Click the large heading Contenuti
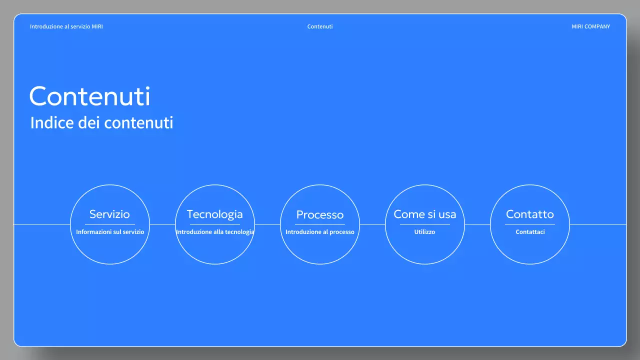[90, 96]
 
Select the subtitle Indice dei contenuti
[101, 122]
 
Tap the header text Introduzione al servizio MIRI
[66, 26]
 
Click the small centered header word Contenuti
[320, 26]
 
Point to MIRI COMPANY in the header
[590, 26]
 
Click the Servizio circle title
[109, 214]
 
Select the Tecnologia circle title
[214, 214]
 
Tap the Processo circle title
[320, 214]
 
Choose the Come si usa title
[424, 214]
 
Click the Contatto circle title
[529, 214]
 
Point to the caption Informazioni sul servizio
[110, 232]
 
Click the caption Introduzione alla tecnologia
[215, 232]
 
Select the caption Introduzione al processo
[320, 232]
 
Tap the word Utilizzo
[424, 232]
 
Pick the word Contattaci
[530, 232]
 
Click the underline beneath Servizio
[110, 224]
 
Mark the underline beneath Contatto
[530, 224]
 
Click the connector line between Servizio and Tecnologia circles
[162, 224]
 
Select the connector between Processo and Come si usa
[372, 224]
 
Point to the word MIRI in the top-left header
[97, 26]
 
